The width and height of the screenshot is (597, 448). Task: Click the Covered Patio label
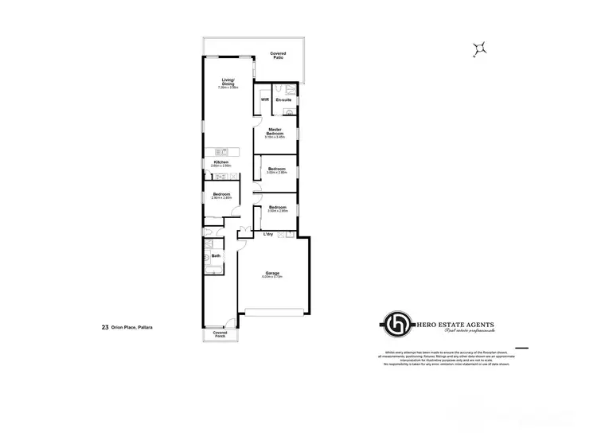coord(278,55)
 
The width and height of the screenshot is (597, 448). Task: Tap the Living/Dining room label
coord(229,83)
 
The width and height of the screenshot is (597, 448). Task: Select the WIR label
coord(265,100)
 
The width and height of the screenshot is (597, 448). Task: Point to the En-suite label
coord(283,100)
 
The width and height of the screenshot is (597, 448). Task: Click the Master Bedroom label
coord(275,131)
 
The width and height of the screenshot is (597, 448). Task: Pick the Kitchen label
coord(220,162)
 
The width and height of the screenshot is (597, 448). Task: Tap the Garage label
coord(272,273)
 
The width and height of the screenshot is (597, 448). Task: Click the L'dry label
coord(269,234)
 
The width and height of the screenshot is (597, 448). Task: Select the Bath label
coord(215,255)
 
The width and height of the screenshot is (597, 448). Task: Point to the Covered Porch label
coord(220,335)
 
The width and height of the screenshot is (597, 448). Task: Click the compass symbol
coord(478,49)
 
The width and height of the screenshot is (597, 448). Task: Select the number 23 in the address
coord(105,326)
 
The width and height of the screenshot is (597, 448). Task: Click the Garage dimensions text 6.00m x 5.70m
coord(272,278)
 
